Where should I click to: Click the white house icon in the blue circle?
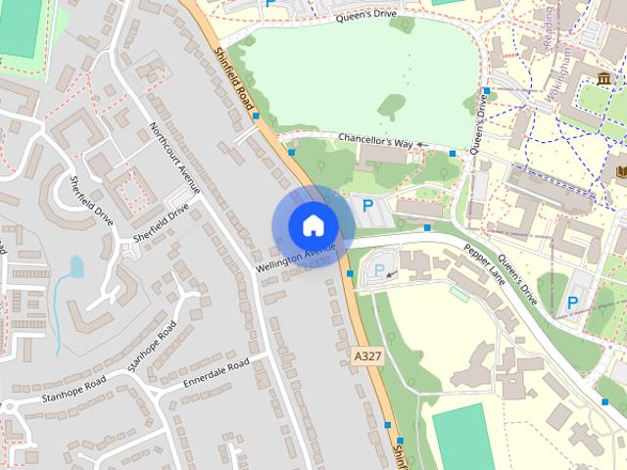pyautogui.click(x=313, y=226)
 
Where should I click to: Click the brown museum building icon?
pyautogui.click(x=603, y=77)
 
